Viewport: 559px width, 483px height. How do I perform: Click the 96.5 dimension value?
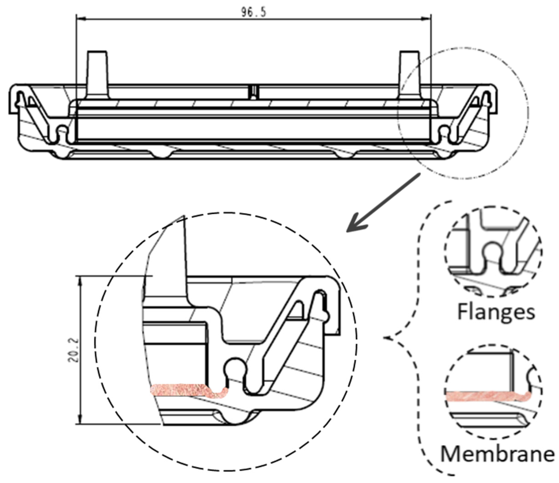coord(253,12)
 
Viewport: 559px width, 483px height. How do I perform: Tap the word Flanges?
coord(496,312)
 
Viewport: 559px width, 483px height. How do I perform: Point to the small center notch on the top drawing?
coord(253,92)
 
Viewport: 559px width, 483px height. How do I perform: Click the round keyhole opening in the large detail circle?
coord(235,367)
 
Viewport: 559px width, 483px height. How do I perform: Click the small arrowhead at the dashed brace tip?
coord(388,337)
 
